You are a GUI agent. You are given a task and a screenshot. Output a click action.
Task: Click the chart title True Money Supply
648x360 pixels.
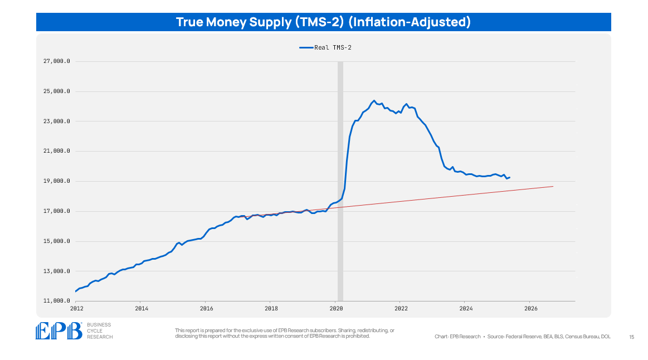click(x=323, y=22)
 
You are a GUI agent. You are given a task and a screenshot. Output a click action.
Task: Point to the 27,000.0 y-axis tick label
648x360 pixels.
click(x=56, y=61)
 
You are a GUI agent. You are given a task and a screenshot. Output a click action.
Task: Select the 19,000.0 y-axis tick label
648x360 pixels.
click(x=56, y=181)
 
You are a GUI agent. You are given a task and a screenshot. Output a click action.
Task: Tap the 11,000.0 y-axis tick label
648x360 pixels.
click(x=56, y=301)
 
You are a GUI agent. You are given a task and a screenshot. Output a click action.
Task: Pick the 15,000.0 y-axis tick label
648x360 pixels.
click(x=56, y=241)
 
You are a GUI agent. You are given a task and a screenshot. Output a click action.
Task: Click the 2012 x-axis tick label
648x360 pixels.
click(x=76, y=308)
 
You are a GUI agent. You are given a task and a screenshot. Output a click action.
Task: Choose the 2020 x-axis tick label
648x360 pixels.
click(x=336, y=308)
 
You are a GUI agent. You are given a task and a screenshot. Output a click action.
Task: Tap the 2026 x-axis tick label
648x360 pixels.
click(x=531, y=308)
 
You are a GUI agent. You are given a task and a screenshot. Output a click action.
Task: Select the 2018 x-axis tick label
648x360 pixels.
click(x=271, y=308)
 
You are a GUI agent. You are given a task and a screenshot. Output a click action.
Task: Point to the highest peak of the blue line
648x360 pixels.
click(x=374, y=101)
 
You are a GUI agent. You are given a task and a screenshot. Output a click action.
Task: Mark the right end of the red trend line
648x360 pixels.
click(x=553, y=186)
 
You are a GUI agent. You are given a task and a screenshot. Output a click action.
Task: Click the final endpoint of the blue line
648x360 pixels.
click(x=510, y=177)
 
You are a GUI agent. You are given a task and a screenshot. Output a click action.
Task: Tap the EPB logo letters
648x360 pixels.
click(x=59, y=331)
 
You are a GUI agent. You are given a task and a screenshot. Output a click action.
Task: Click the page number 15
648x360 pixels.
click(x=631, y=337)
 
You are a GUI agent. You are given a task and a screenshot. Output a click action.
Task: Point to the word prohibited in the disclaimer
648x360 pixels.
click(x=356, y=335)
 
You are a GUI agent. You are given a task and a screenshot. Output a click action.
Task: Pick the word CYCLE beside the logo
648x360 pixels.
click(x=96, y=331)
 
